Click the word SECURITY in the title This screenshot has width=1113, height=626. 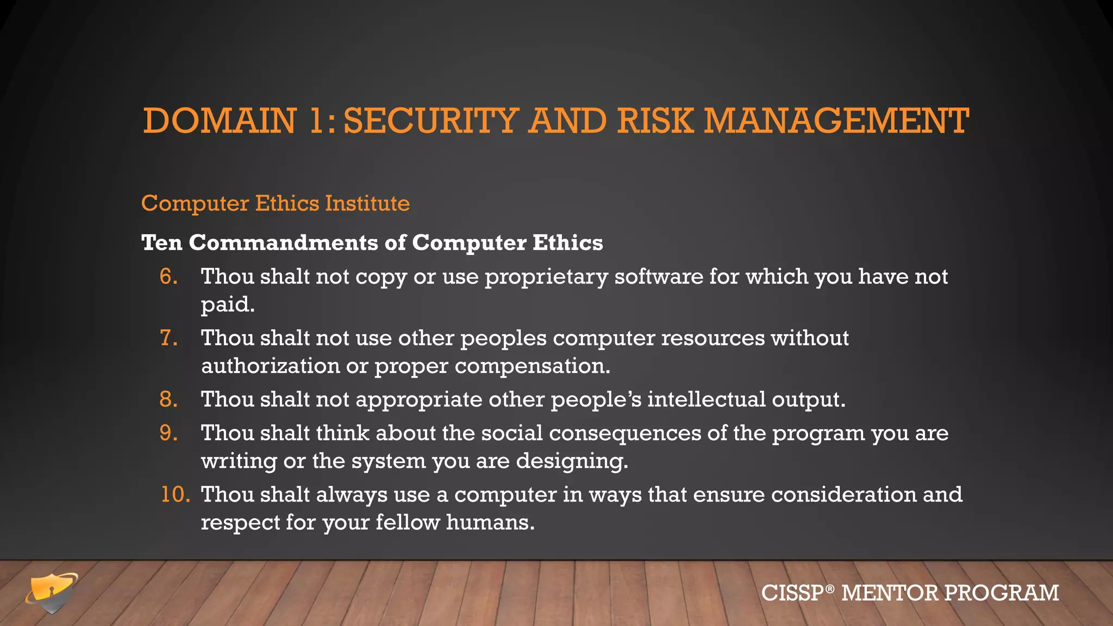tap(430, 121)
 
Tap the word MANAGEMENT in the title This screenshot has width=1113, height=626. tap(836, 121)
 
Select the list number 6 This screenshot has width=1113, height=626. tap(168, 277)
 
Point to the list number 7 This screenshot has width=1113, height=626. tap(168, 338)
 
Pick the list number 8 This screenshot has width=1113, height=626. tap(168, 399)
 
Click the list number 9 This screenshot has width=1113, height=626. tap(168, 433)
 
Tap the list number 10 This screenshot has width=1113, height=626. tap(175, 494)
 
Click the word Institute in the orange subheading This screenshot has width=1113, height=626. tap(367, 203)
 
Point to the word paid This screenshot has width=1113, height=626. tap(228, 305)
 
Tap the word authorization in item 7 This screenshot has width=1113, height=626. tap(270, 366)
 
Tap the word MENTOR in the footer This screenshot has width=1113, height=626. tap(889, 593)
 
